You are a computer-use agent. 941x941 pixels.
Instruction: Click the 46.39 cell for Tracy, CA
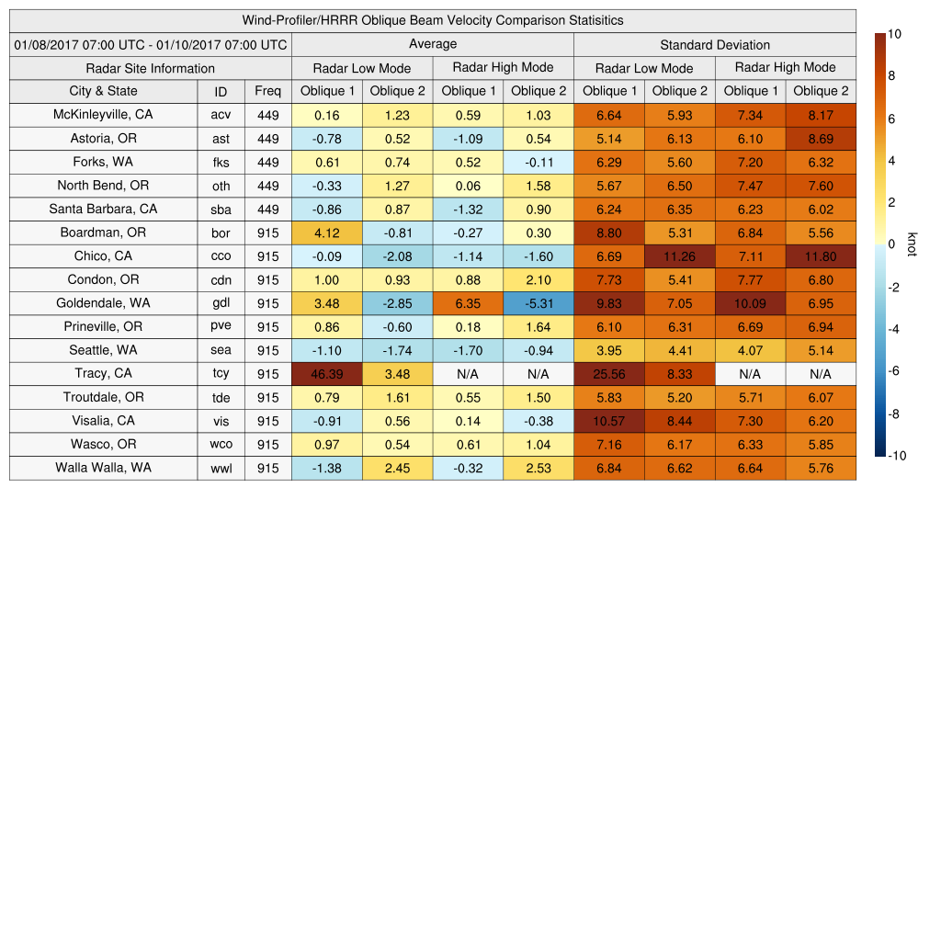(x=326, y=374)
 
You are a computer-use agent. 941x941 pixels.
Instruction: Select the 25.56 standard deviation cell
(x=608, y=374)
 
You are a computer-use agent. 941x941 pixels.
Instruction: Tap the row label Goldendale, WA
(x=103, y=303)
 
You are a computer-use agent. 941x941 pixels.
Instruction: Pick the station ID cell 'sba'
(x=221, y=210)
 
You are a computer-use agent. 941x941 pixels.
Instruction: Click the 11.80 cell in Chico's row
(x=821, y=256)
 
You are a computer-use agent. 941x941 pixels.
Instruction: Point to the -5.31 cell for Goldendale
(x=538, y=303)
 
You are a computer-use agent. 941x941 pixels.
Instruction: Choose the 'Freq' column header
(x=268, y=91)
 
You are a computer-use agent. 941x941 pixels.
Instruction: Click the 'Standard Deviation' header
(x=715, y=44)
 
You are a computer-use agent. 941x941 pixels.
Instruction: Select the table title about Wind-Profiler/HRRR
(x=433, y=20)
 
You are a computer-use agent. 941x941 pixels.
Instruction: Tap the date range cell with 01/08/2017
(x=151, y=44)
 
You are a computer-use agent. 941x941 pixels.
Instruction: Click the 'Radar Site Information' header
(x=151, y=68)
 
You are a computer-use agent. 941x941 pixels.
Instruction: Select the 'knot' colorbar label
(x=912, y=244)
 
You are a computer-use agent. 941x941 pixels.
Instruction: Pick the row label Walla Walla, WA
(x=103, y=468)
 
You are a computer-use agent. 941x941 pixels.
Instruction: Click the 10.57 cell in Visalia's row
(x=608, y=421)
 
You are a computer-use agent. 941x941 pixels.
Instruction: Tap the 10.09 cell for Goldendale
(x=750, y=303)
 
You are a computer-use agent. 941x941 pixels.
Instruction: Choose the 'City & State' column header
(x=103, y=91)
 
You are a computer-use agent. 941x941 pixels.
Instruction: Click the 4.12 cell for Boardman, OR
(x=326, y=232)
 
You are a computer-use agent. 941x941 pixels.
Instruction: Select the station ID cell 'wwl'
(x=221, y=468)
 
